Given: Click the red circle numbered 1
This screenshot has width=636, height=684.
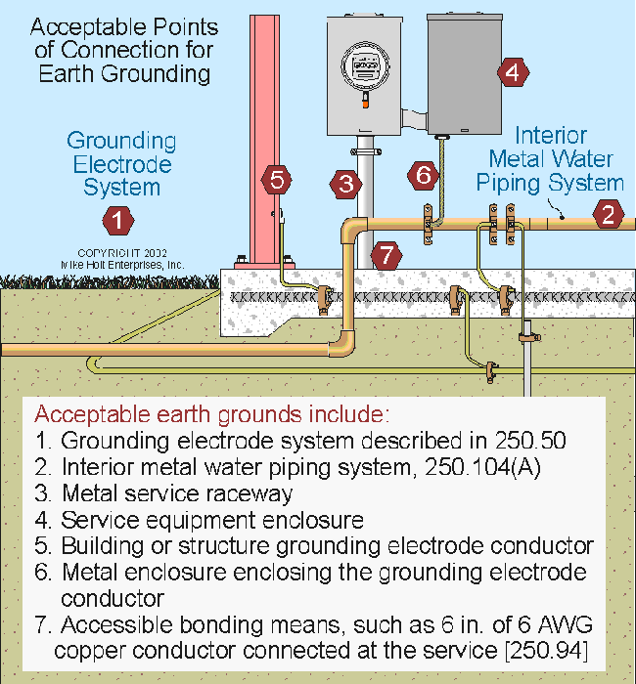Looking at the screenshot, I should tap(117, 220).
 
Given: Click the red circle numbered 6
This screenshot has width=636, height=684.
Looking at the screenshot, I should tap(423, 175).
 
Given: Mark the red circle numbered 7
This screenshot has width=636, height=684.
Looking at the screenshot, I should tap(386, 256).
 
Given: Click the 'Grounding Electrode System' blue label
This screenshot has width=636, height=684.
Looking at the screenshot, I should tap(122, 163).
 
